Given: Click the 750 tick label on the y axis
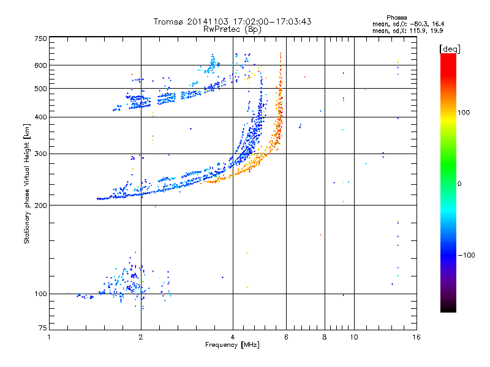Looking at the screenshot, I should [40, 38].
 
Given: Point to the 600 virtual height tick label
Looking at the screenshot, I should [40, 65].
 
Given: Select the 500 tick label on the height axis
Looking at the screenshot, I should [40, 89].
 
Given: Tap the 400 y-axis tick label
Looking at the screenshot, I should [40, 117].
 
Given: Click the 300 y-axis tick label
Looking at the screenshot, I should [40, 154].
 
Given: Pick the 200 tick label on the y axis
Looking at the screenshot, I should [40, 205].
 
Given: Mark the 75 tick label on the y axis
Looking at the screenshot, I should [42, 330].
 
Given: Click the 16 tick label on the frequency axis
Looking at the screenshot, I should [417, 337].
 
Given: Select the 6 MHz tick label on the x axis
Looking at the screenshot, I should [286, 337].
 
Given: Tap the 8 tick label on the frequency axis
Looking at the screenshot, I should [325, 337].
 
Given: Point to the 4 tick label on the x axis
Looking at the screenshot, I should [233, 337].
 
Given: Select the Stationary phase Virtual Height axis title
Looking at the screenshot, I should [26, 183].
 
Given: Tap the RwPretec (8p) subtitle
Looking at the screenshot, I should [233, 29].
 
